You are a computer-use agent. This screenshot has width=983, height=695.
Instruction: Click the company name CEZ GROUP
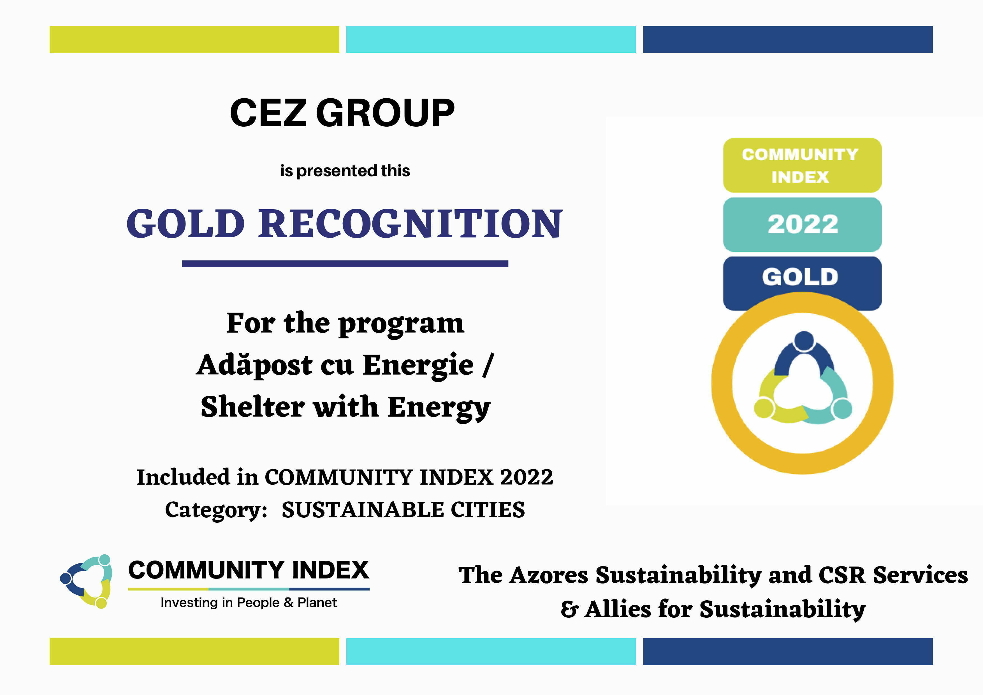(x=342, y=113)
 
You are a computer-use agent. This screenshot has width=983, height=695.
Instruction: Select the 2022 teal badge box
(x=802, y=224)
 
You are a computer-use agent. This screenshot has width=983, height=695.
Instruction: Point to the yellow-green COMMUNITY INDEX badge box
(x=802, y=165)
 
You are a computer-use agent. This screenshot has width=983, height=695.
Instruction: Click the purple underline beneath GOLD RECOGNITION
(x=345, y=264)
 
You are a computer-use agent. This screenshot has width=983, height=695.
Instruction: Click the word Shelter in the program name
(x=252, y=406)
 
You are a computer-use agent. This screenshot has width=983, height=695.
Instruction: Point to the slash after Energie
(x=488, y=365)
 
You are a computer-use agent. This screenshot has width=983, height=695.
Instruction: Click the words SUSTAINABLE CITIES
(x=403, y=510)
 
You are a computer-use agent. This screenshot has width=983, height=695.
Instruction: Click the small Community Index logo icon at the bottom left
(x=87, y=581)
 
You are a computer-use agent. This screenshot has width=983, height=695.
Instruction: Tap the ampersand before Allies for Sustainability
(x=569, y=609)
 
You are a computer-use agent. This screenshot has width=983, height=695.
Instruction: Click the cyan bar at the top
(x=491, y=39)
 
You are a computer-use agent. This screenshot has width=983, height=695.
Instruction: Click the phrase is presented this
(x=345, y=171)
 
